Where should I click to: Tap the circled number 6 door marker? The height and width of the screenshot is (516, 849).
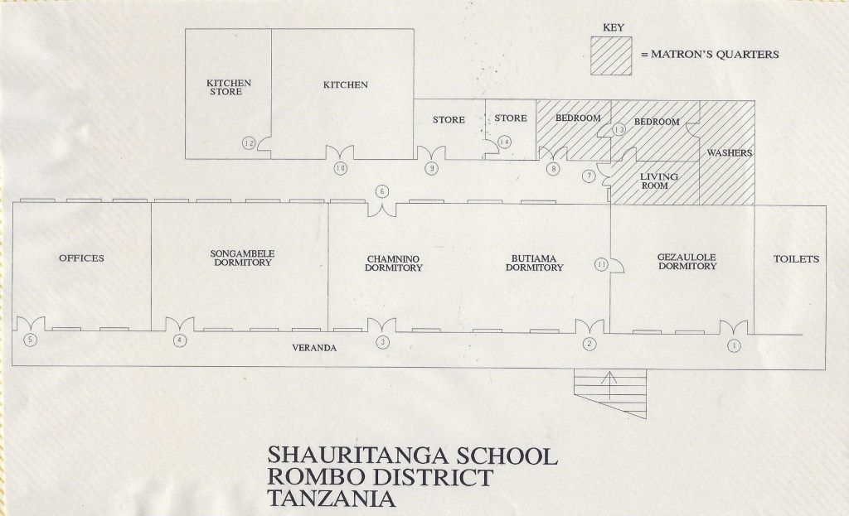pyautogui.click(x=381, y=191)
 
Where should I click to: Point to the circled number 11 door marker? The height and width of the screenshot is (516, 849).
pyautogui.click(x=602, y=264)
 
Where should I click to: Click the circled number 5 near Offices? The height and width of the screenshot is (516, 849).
pyautogui.click(x=31, y=340)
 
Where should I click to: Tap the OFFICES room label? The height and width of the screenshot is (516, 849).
pyautogui.click(x=81, y=258)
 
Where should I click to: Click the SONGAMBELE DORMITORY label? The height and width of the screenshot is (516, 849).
pyautogui.click(x=238, y=258)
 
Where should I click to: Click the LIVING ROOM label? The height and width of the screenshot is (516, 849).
pyautogui.click(x=659, y=181)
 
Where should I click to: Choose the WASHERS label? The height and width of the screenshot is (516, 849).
pyautogui.click(x=729, y=153)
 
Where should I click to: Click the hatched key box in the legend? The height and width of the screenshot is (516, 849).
pyautogui.click(x=611, y=55)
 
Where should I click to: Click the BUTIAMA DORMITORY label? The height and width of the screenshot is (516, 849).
pyautogui.click(x=535, y=263)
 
